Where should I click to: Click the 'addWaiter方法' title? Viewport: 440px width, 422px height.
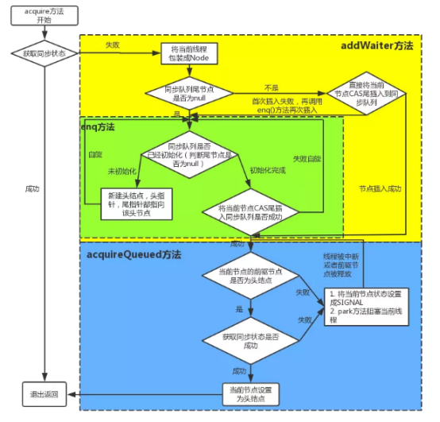click(376, 45)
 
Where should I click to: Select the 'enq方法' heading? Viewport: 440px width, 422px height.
click(99, 126)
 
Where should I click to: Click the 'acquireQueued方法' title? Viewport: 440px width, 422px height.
click(133, 255)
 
